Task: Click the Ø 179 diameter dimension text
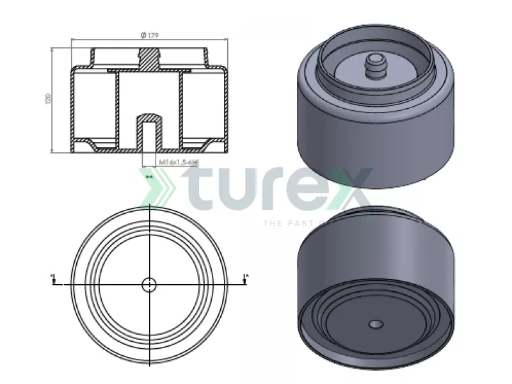pyautogui.click(x=149, y=35)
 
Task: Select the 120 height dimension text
pyautogui.click(x=47, y=99)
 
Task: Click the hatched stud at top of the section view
pyautogui.click(x=149, y=59)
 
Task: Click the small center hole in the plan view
pyautogui.click(x=149, y=284)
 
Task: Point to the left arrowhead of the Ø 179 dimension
pyautogui.click(x=72, y=40)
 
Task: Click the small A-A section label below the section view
pyautogui.click(x=149, y=175)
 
